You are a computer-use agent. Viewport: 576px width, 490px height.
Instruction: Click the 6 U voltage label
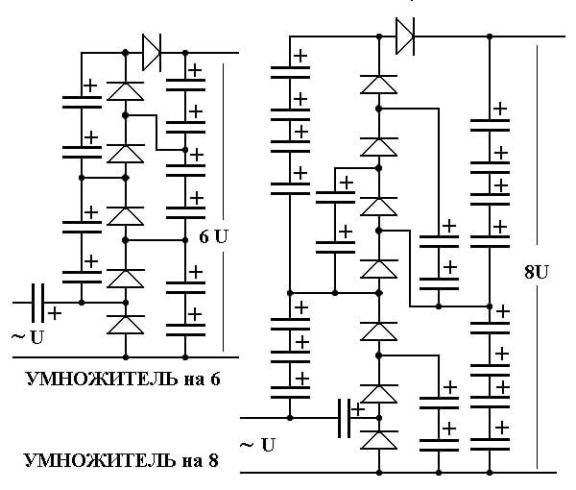click(213, 236)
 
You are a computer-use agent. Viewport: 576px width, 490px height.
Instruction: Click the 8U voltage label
click(536, 272)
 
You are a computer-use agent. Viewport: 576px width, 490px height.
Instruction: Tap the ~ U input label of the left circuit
click(28, 336)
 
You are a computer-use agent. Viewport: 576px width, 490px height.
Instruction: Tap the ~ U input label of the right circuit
click(257, 445)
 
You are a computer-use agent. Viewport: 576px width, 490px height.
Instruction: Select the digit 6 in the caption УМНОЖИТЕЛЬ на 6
click(215, 379)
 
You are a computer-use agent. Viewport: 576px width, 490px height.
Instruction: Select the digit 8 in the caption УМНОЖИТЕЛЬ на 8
click(213, 460)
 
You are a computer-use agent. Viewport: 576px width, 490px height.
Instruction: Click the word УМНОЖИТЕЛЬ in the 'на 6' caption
click(102, 379)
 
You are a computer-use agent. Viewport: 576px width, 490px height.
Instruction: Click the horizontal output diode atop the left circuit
click(152, 53)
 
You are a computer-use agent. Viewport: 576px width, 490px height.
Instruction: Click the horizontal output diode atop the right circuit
click(405, 37)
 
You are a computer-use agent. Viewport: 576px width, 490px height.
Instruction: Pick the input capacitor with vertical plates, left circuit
click(37, 303)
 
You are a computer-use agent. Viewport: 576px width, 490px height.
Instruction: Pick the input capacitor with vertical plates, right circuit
click(345, 418)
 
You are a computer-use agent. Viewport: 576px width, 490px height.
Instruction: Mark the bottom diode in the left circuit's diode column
click(125, 325)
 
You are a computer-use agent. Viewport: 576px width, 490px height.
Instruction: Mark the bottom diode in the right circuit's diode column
click(379, 440)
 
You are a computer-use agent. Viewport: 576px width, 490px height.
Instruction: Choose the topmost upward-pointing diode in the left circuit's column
click(125, 91)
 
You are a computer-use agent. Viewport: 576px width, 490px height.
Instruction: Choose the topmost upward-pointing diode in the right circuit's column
click(379, 85)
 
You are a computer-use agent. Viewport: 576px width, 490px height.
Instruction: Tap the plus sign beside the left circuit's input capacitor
click(55, 313)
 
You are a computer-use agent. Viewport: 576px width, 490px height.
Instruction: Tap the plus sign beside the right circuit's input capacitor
click(357, 409)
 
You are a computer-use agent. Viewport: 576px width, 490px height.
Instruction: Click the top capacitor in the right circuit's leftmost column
click(290, 72)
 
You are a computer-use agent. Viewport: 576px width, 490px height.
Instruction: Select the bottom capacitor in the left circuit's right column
click(185, 330)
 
